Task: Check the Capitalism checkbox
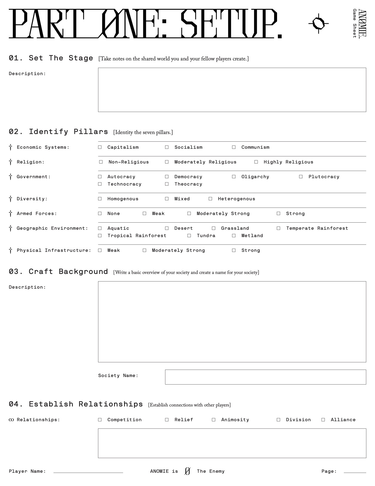click(100, 147)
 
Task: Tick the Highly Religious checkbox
click(256, 162)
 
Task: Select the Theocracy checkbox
click(167, 184)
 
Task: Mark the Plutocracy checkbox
click(301, 177)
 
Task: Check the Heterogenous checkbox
click(210, 199)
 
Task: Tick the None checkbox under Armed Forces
click(100, 214)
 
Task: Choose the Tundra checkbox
click(189, 236)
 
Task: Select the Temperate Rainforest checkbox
click(279, 228)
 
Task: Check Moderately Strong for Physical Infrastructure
click(144, 250)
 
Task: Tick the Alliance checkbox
click(323, 420)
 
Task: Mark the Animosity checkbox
click(214, 420)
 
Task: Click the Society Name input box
click(265, 377)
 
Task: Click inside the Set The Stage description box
click(232, 90)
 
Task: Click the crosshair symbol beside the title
click(319, 23)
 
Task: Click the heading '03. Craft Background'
click(58, 272)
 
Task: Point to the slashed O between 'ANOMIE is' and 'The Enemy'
click(187, 471)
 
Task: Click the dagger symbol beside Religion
click(11, 162)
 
